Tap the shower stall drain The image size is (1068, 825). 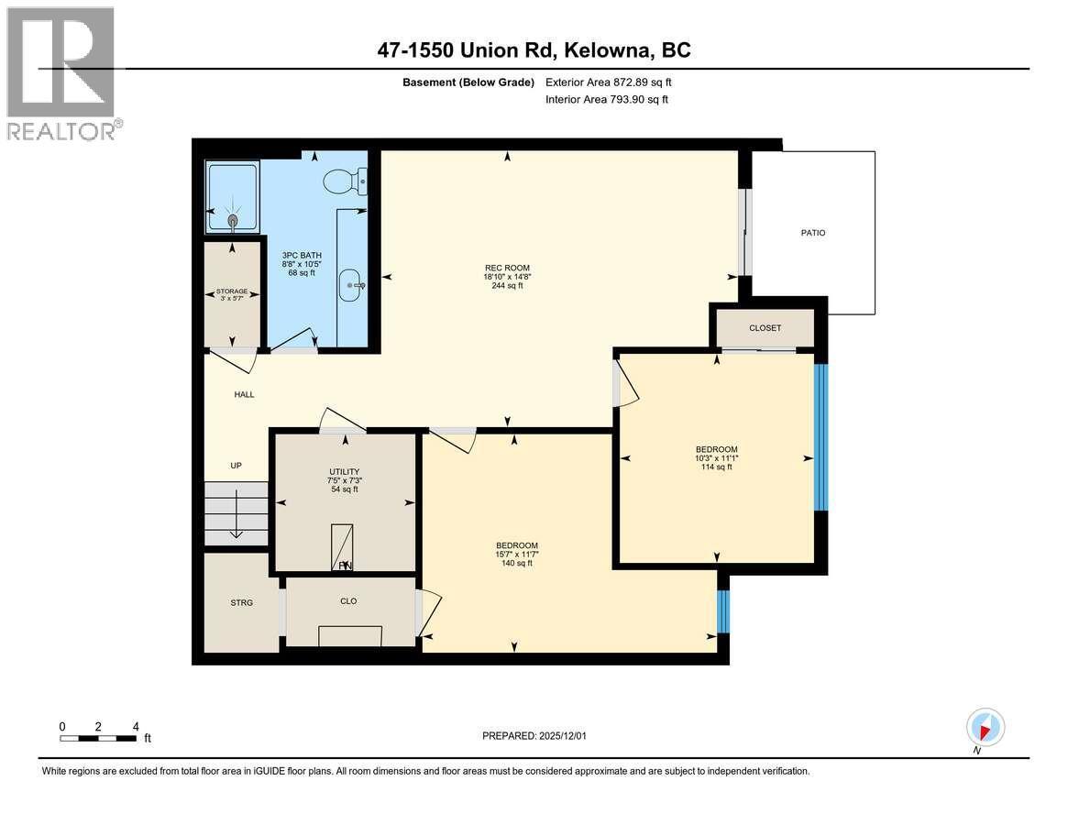pos(232,220)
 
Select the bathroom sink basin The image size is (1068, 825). pos(352,285)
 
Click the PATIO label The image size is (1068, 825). pos(812,233)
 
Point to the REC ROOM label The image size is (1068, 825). pos(505,266)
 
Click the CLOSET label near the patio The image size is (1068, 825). pos(765,328)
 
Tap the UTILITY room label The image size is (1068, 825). pos(345,472)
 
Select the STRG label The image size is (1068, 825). pos(241,602)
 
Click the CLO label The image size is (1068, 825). pos(348,601)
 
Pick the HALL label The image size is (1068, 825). pos(243,395)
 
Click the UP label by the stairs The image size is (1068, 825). pos(236,466)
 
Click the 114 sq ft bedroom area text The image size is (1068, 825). pos(716,467)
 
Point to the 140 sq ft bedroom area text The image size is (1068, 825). pos(516,563)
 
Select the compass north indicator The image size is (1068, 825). pos(985,730)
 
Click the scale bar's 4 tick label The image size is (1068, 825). pos(136,726)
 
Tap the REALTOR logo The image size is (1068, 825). pos(61,73)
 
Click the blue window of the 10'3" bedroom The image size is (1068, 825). pos(820,437)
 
